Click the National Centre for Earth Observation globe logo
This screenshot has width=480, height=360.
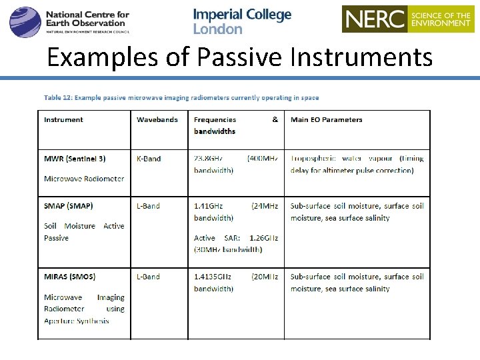click(25, 21)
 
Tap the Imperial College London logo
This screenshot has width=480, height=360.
click(242, 21)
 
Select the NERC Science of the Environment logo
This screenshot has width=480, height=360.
click(407, 19)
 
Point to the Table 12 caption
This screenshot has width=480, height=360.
click(181, 97)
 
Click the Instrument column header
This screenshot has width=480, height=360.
click(63, 120)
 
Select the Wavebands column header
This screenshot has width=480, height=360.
click(157, 120)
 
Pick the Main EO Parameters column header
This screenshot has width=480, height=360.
click(326, 120)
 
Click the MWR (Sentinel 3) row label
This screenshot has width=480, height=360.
click(75, 159)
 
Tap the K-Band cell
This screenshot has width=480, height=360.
click(149, 159)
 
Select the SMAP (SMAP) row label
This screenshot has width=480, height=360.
click(69, 206)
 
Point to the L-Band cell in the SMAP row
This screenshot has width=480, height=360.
click(148, 206)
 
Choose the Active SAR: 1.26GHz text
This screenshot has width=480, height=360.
click(236, 238)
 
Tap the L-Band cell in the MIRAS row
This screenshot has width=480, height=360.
click(148, 277)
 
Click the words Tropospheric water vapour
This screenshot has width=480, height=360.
click(343, 159)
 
